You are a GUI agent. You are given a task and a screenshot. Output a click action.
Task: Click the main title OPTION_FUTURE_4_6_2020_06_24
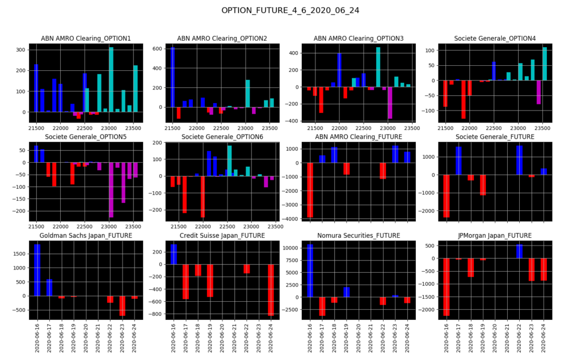[x=290, y=10]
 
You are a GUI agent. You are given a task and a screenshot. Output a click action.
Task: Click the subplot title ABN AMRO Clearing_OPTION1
[x=86, y=39]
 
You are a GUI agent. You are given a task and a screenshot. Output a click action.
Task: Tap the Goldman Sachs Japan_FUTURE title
[x=86, y=235]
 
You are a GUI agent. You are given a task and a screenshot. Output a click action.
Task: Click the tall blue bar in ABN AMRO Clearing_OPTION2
[x=172, y=77]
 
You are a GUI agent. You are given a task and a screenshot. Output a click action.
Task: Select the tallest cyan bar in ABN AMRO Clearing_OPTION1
[x=111, y=79]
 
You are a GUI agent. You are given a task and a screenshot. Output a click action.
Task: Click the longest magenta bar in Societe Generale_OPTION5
[x=111, y=189]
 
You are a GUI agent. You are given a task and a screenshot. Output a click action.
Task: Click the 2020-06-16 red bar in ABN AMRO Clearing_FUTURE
[x=310, y=190]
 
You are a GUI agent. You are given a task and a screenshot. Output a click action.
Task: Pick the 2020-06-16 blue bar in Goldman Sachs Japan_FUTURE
[x=37, y=270]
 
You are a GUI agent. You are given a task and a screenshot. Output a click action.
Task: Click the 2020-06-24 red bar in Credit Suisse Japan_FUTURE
[x=271, y=290]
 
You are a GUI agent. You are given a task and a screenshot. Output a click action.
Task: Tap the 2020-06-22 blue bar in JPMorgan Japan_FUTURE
[x=519, y=251]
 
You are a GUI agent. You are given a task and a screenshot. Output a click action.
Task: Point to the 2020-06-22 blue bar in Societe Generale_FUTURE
[x=519, y=160]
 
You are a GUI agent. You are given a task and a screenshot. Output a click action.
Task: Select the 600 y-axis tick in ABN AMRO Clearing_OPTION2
[x=158, y=48]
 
